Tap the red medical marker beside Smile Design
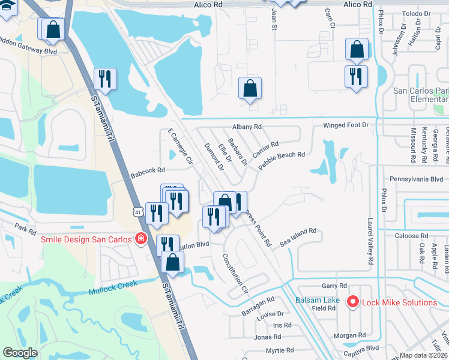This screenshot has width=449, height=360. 141,239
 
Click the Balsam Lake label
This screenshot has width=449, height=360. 318,300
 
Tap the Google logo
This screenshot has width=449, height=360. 20,353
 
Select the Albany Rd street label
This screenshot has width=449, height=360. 247,127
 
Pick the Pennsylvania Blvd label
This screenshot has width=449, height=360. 417,179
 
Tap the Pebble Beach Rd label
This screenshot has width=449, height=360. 282,163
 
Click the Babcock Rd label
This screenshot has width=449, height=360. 148,173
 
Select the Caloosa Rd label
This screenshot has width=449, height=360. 394,236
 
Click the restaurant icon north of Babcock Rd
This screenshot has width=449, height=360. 105,79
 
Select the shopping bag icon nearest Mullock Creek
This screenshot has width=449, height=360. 172,263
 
